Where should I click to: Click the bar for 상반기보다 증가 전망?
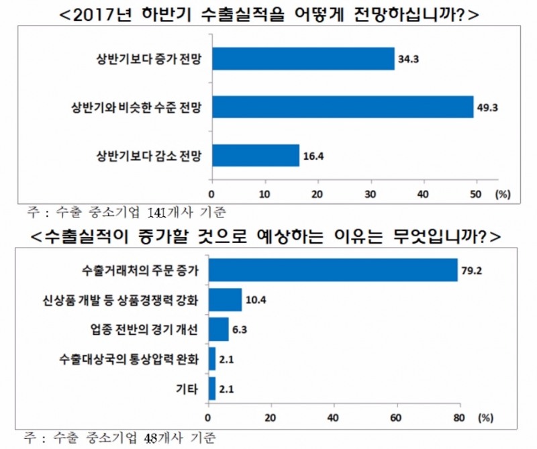click(x=303, y=59)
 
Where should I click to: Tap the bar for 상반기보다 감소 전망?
click(x=256, y=155)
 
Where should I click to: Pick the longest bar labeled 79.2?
click(x=333, y=270)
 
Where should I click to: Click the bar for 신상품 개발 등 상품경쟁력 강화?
click(x=225, y=300)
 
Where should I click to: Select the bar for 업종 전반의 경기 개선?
click(x=219, y=330)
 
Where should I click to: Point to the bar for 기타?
click(x=212, y=389)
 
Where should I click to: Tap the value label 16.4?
click(x=312, y=156)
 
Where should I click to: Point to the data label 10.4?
click(x=255, y=300)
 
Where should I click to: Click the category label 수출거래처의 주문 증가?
click(x=141, y=270)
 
